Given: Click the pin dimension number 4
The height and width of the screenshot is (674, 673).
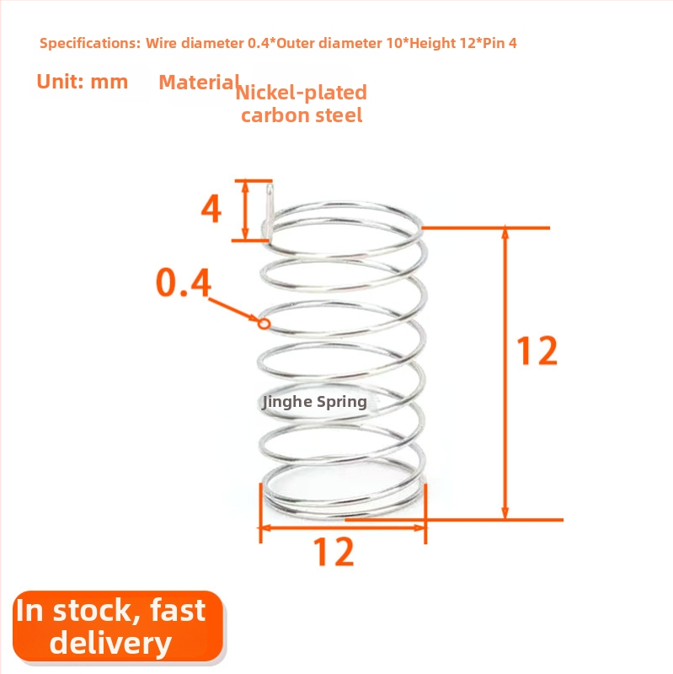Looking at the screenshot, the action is coord(211,208).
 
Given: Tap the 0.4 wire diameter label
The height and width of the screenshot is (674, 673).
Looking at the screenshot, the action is coord(184,282).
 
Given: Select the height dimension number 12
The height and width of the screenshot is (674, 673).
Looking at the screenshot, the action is coord(537,350).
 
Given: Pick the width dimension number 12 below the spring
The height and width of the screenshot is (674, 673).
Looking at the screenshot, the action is coord(334,552).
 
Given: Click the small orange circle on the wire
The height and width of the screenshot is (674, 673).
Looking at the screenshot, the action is coord(264,324).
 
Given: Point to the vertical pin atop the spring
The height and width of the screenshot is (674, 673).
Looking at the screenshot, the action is coord(269,211).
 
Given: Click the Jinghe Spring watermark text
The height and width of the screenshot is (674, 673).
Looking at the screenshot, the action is coord(314,402).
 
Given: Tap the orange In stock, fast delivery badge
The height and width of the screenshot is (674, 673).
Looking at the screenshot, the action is coord(118,626).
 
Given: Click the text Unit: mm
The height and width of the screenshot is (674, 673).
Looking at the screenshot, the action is coord(82,82).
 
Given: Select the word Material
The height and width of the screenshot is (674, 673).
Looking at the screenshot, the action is coord(199,82).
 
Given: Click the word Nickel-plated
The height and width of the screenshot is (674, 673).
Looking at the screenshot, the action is coord(302,93).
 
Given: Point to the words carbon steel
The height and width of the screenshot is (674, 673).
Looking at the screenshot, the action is coord(302,115).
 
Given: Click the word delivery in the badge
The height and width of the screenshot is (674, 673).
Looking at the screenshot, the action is coord(111,643).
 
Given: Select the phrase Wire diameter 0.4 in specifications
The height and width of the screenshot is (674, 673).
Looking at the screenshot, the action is coord(207,44).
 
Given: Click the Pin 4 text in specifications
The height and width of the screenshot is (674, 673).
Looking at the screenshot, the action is coord(499,44).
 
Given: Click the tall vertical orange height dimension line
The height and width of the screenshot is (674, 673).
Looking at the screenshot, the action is coord(505,373).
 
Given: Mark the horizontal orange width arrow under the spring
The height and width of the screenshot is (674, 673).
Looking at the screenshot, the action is coord(343,527).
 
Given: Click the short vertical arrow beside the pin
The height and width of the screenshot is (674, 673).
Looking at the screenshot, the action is coord(245,210).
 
